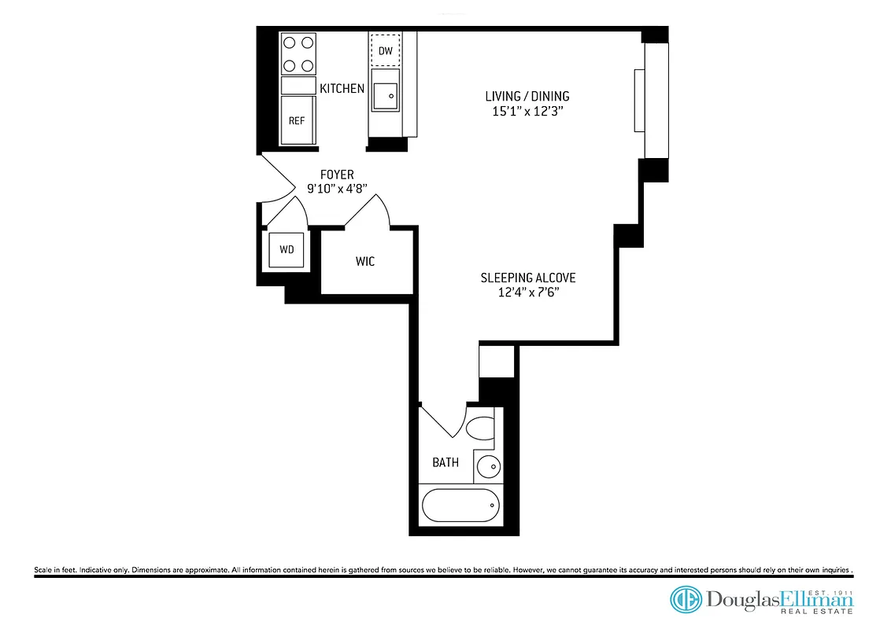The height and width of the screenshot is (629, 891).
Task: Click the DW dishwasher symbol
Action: (385, 50)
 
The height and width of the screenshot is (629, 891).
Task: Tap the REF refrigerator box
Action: (297, 120)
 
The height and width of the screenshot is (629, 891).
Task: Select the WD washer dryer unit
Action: (287, 249)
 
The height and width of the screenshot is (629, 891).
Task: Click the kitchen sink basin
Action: (386, 96)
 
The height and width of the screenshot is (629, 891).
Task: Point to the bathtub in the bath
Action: (460, 505)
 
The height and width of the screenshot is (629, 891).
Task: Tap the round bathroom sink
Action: (488, 466)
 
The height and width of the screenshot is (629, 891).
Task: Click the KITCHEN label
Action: (342, 89)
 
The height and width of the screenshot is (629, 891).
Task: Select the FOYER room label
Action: (336, 175)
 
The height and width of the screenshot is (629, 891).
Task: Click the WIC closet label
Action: (365, 261)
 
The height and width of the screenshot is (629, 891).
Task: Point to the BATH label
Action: (445, 462)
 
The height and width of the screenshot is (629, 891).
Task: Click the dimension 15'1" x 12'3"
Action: (527, 112)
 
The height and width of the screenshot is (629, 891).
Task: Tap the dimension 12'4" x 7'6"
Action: (527, 292)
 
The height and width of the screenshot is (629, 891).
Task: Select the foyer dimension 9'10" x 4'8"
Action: (336, 189)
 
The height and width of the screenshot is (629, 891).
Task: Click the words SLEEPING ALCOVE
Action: (527, 278)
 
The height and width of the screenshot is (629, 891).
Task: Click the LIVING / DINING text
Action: (527, 97)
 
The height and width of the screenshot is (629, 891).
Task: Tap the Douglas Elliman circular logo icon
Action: (686, 599)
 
